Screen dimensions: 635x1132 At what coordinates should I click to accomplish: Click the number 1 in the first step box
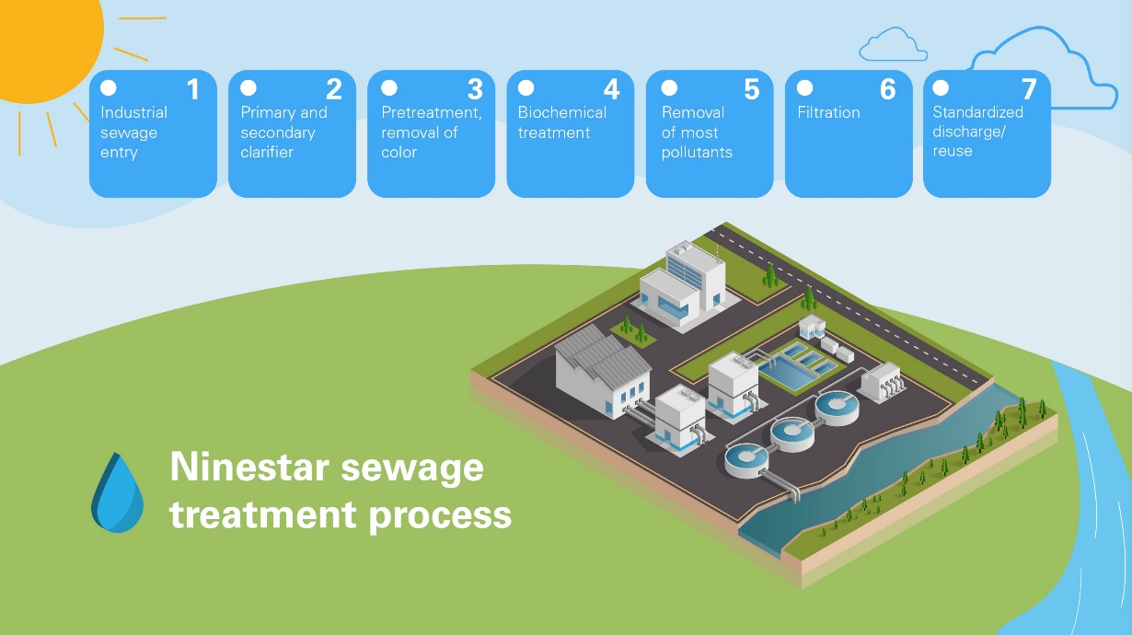click(193, 89)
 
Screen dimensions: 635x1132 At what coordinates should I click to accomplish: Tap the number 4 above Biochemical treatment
click(611, 89)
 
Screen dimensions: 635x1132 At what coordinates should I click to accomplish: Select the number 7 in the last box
click(1029, 89)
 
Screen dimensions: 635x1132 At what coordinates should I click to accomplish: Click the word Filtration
click(828, 112)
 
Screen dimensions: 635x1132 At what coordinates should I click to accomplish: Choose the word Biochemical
click(561, 112)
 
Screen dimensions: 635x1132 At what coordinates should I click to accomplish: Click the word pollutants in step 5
click(697, 152)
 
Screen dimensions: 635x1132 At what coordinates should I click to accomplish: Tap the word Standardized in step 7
click(977, 112)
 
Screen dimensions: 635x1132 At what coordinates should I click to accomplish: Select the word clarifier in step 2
click(267, 152)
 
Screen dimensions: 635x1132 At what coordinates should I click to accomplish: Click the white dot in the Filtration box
click(804, 88)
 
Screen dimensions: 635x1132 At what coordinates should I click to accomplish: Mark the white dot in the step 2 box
click(248, 88)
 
